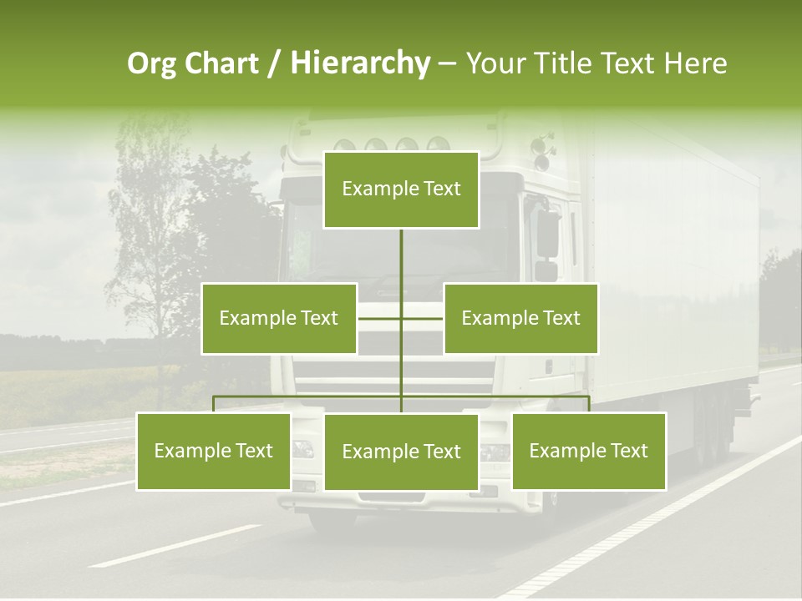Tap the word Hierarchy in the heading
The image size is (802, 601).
click(x=359, y=63)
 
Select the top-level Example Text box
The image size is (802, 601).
click(x=401, y=189)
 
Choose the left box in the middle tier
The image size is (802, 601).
click(x=279, y=318)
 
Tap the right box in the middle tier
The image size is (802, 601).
click(x=520, y=318)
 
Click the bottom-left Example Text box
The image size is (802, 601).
click(x=214, y=451)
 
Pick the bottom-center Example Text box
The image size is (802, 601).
click(x=401, y=452)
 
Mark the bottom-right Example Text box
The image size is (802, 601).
click(x=589, y=451)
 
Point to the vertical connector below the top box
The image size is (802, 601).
click(x=401, y=259)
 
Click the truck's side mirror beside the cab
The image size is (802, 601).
click(x=547, y=234)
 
